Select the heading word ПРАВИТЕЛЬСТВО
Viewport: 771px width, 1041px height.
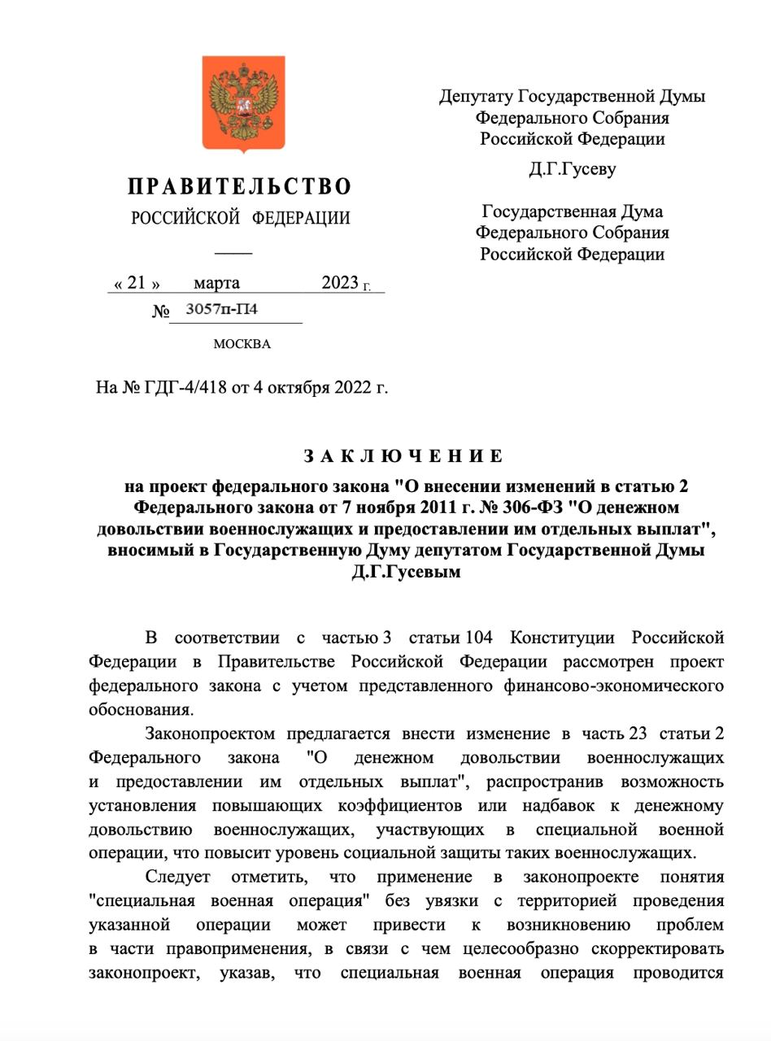click(x=240, y=187)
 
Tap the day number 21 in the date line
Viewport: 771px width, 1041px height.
click(x=136, y=283)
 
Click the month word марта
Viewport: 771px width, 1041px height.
click(x=216, y=283)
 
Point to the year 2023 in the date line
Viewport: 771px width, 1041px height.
click(x=340, y=283)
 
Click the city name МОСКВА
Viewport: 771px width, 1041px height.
click(x=242, y=344)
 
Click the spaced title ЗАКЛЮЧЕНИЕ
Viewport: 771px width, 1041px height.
click(x=403, y=456)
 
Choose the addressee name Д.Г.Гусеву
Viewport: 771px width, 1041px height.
click(x=572, y=170)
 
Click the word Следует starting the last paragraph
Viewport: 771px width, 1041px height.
click(x=177, y=878)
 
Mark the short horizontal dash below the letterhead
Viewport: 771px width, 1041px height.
click(x=239, y=253)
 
